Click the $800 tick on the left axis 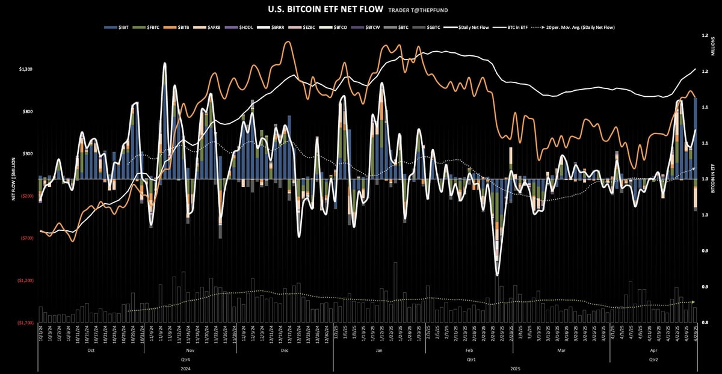(x=27, y=112)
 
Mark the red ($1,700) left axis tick (x=25, y=323)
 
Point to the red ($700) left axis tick (x=26, y=238)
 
